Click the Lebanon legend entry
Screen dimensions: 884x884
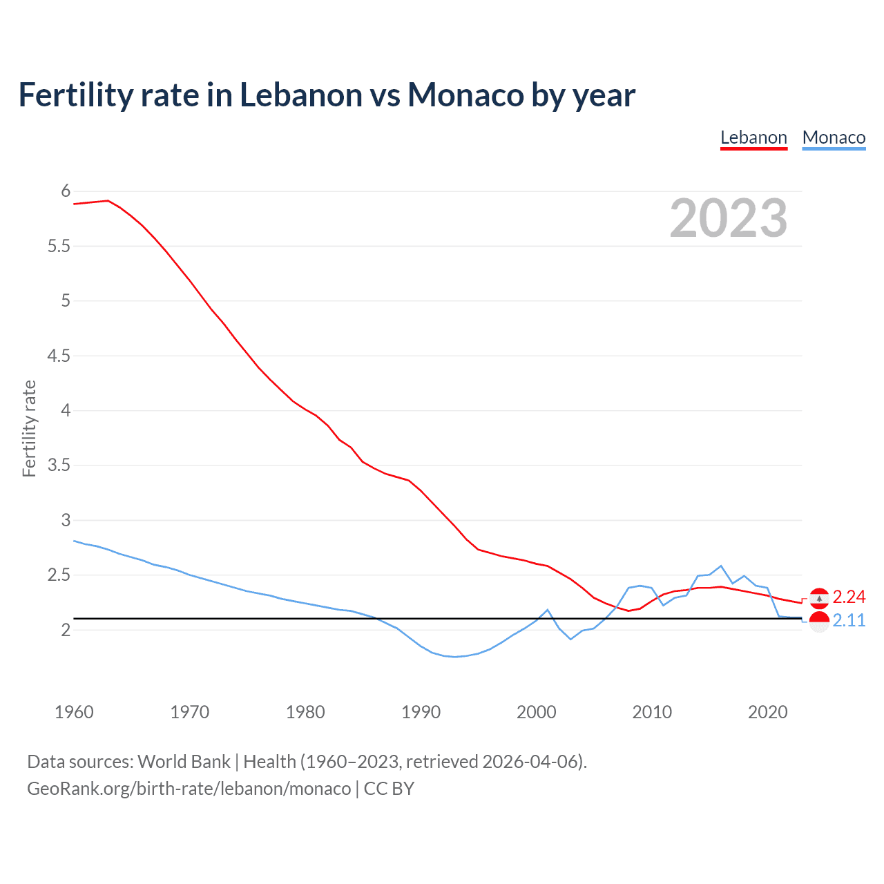[753, 137]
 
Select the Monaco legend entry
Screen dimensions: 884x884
[834, 137]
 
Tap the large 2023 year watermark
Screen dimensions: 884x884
[729, 218]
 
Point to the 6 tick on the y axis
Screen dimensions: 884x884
[66, 191]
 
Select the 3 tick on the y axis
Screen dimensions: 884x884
[66, 520]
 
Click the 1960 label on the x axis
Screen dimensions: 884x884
[74, 712]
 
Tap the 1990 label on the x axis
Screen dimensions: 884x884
[421, 712]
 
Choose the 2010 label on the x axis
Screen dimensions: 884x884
[652, 712]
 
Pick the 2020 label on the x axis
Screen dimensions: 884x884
[767, 712]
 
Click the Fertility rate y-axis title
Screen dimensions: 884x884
[29, 428]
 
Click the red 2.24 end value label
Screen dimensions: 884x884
[849, 597]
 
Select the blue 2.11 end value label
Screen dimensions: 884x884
[849, 620]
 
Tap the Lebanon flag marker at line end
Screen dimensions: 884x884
[819, 597]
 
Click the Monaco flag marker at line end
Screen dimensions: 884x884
[819, 622]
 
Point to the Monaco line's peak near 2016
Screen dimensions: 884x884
[721, 566]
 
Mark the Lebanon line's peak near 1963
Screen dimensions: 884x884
[108, 200]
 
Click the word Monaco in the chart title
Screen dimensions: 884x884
[465, 95]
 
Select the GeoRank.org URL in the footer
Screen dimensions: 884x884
[189, 788]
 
